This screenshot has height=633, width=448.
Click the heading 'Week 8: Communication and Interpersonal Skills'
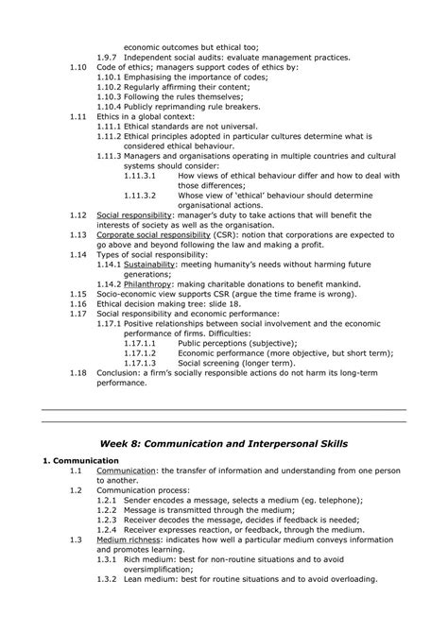click(224, 443)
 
